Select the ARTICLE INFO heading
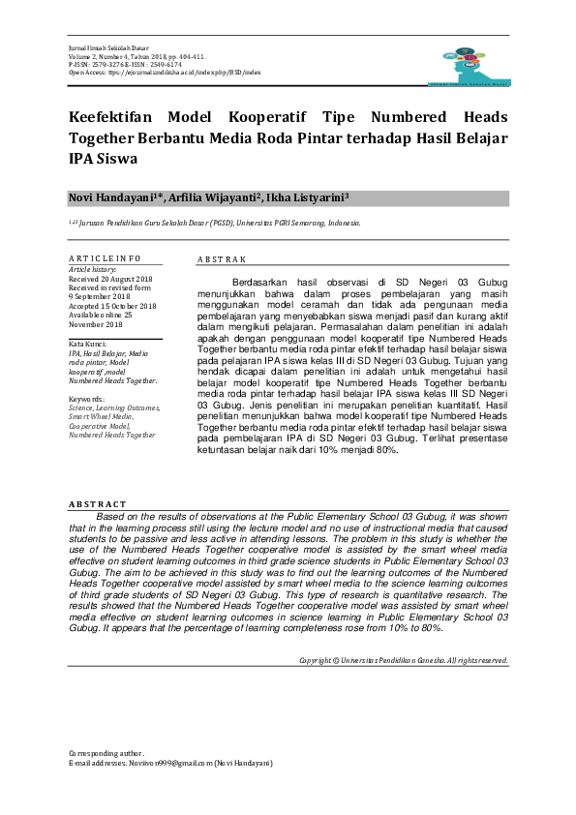[105, 258]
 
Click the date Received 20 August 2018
[111, 278]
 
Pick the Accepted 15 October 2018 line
[112, 306]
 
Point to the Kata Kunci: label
[89, 344]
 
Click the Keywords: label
[87, 398]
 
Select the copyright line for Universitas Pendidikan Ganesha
[404, 660]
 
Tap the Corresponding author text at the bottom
[106, 753]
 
